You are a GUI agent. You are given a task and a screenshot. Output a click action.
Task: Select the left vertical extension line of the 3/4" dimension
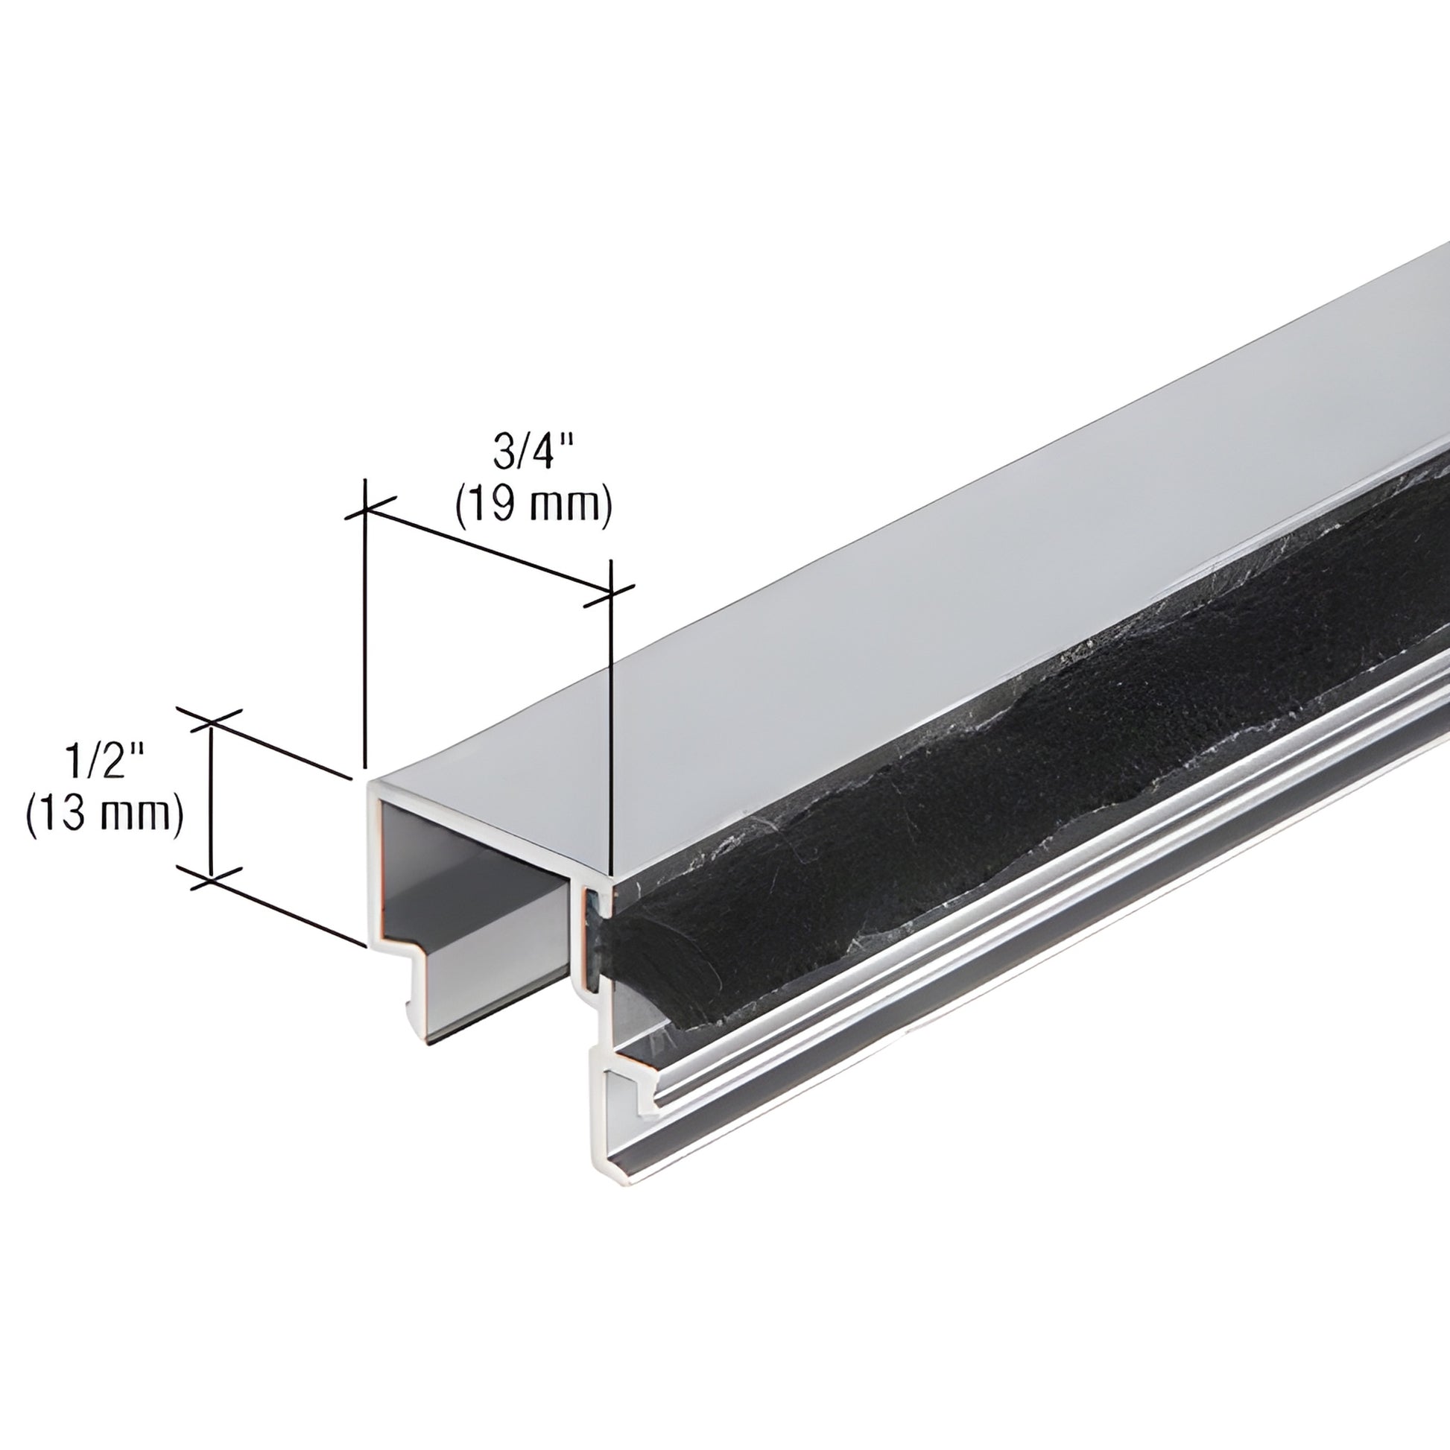[x=365, y=638]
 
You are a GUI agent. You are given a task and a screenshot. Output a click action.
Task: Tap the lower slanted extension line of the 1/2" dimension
[x=285, y=908]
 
